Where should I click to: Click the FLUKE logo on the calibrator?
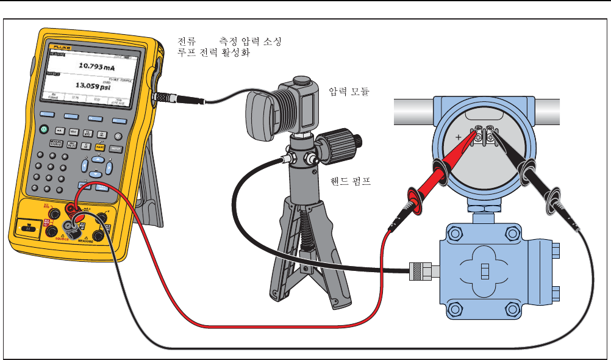[x=62, y=47]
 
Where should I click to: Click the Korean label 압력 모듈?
[x=349, y=92]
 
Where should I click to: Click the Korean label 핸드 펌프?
[x=350, y=181]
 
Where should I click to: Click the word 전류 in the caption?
[x=186, y=41]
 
